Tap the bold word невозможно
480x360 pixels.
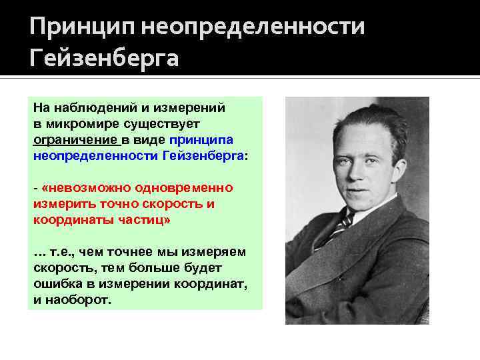click(84, 188)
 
